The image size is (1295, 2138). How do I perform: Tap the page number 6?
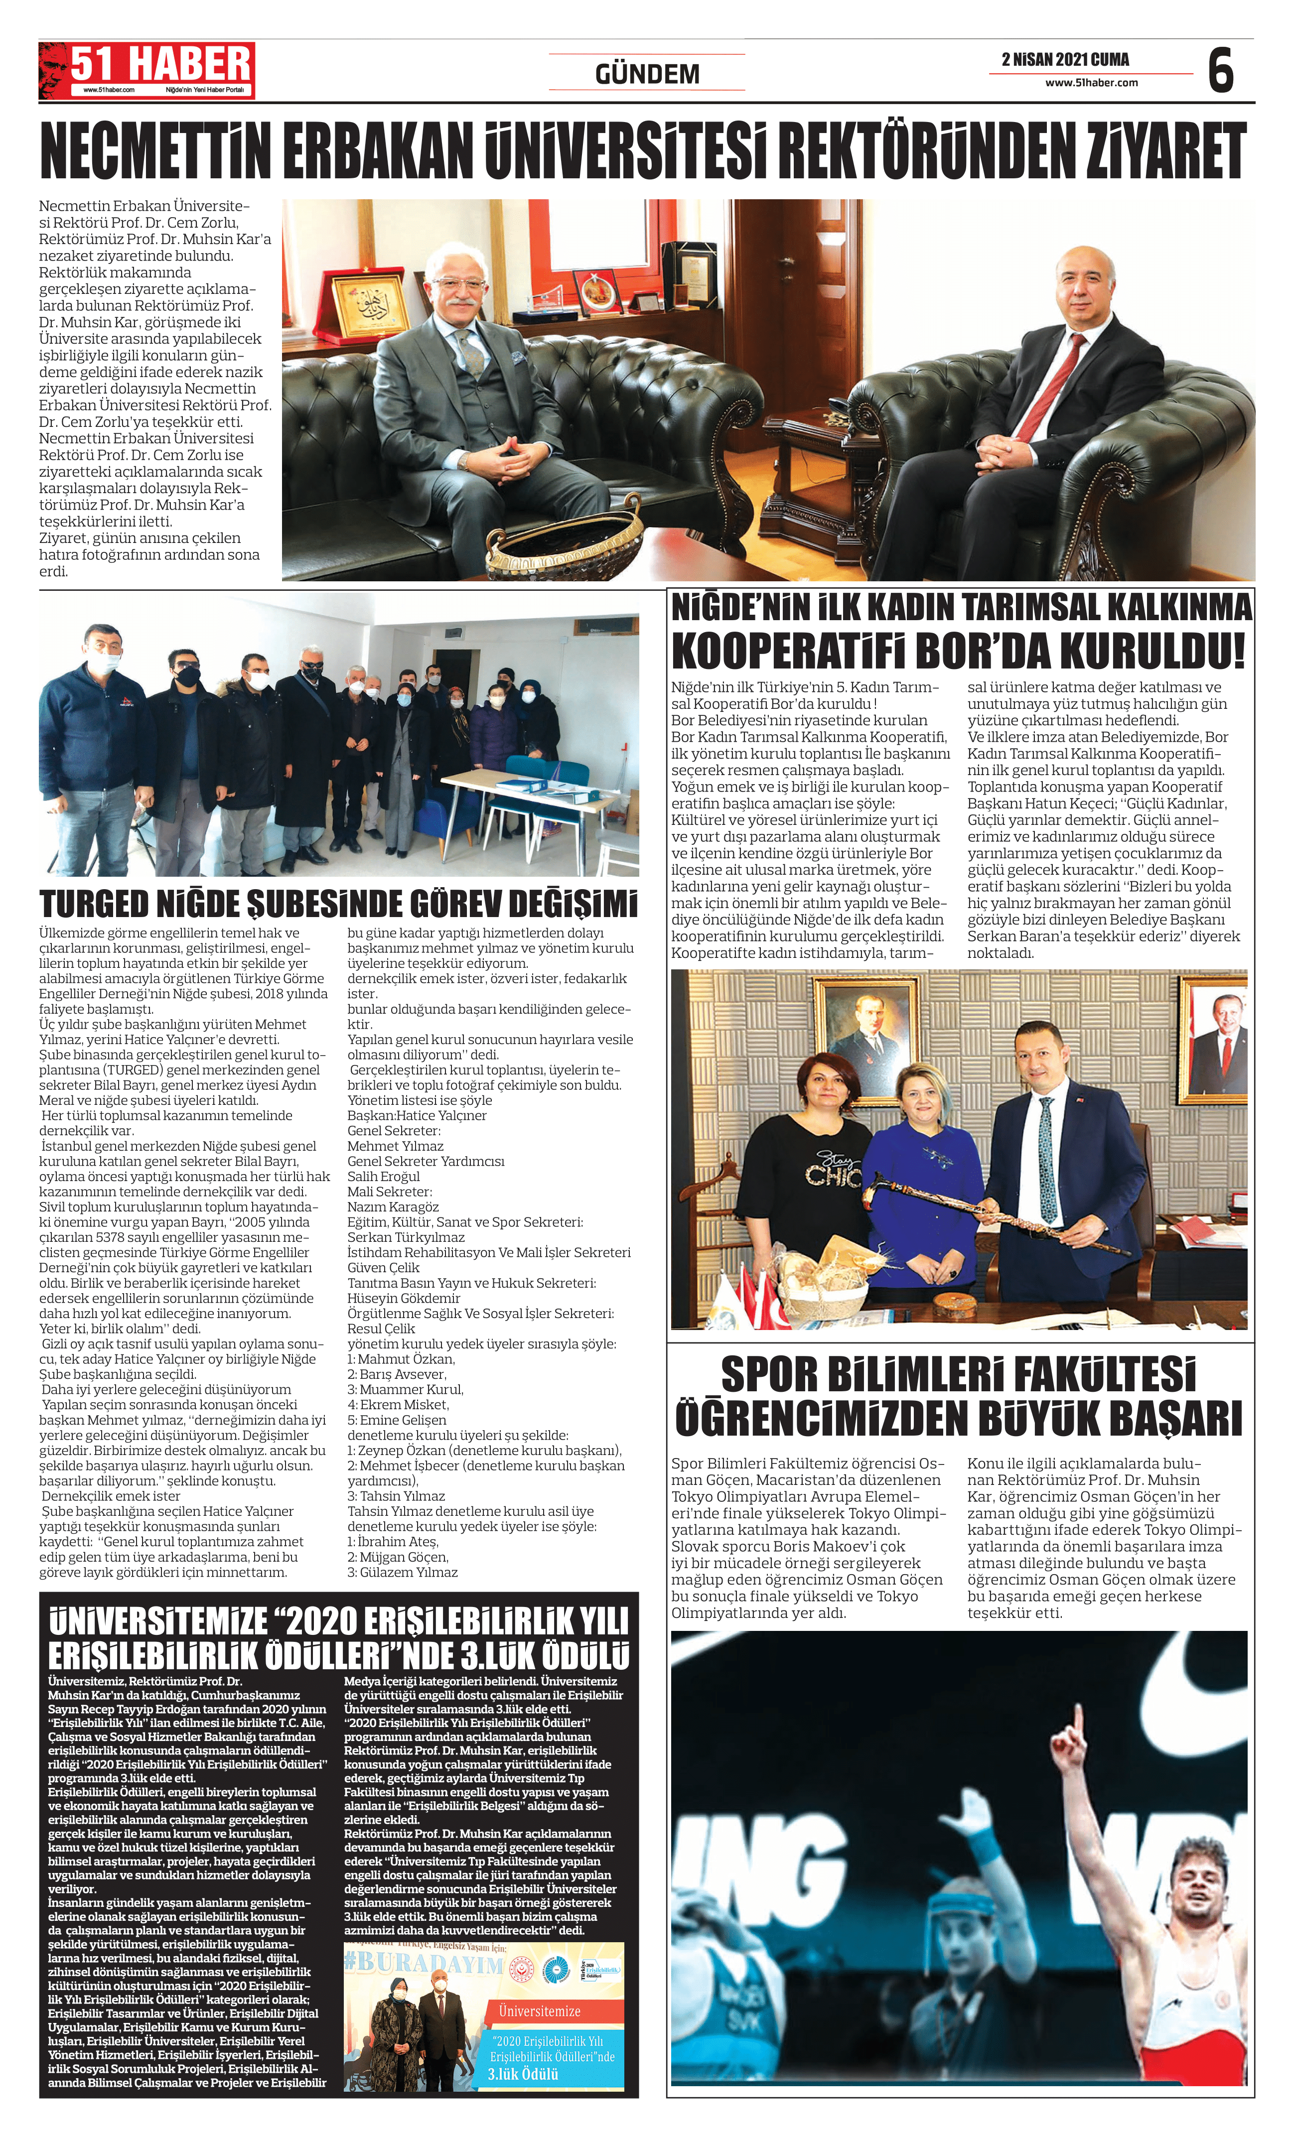(1220, 71)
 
